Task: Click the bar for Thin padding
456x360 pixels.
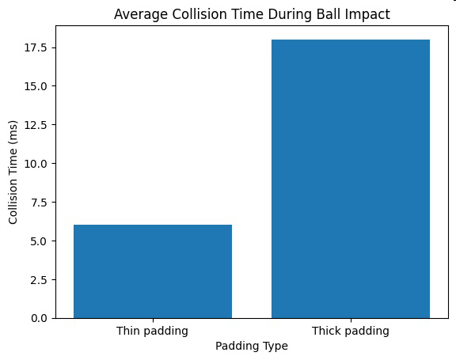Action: [x=153, y=271]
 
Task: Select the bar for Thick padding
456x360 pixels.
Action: [x=351, y=179]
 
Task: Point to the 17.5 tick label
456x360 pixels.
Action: [x=36, y=47]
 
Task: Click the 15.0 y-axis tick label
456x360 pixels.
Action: [x=36, y=86]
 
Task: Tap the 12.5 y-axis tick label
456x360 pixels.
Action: [x=36, y=125]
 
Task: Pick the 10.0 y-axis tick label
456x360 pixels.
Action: [x=36, y=164]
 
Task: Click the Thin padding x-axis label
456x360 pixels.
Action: [x=152, y=331]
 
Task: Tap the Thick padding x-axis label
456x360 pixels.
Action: [x=351, y=331]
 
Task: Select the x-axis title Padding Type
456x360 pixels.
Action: [x=252, y=346]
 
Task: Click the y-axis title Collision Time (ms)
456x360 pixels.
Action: [x=13, y=172]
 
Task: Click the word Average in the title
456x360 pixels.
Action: [x=141, y=14]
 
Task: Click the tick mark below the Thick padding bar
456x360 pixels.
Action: [x=351, y=320]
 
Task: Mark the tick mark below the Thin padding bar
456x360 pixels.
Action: [x=153, y=320]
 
